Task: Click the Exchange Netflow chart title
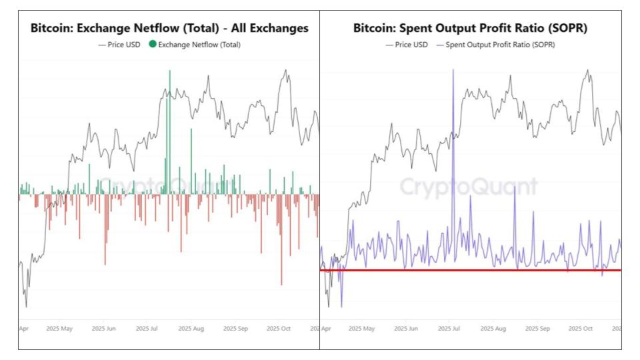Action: pyautogui.click(x=169, y=28)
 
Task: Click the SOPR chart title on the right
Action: pyautogui.click(x=470, y=28)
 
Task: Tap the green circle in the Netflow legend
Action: pyautogui.click(x=153, y=45)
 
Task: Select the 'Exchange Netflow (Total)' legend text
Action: pyautogui.click(x=199, y=45)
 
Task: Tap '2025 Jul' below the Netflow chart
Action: pyautogui.click(x=149, y=329)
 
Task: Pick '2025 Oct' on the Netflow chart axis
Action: pyautogui.click(x=278, y=329)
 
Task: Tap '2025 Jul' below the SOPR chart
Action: pyautogui.click(x=451, y=329)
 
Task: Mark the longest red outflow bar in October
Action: pyautogui.click(x=281, y=283)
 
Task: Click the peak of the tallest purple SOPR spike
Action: pyautogui.click(x=453, y=71)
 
